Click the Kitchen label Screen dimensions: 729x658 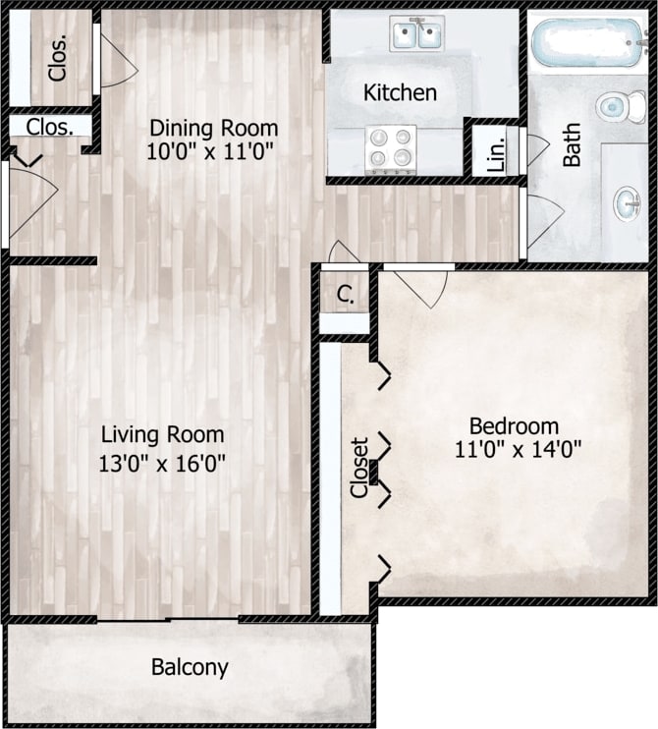(400, 93)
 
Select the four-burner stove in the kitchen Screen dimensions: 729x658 (390, 148)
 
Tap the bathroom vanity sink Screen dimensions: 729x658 (629, 203)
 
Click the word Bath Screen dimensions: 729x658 (572, 143)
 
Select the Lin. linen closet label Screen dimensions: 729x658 (496, 151)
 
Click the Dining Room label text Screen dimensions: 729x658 (213, 128)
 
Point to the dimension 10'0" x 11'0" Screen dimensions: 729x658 (210, 151)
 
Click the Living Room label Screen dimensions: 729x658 (163, 433)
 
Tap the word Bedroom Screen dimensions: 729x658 (514, 426)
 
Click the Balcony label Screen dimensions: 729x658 (190, 668)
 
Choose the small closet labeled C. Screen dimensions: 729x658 (345, 293)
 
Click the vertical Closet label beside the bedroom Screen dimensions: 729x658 (359, 468)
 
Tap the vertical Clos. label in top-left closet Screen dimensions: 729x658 (58, 59)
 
